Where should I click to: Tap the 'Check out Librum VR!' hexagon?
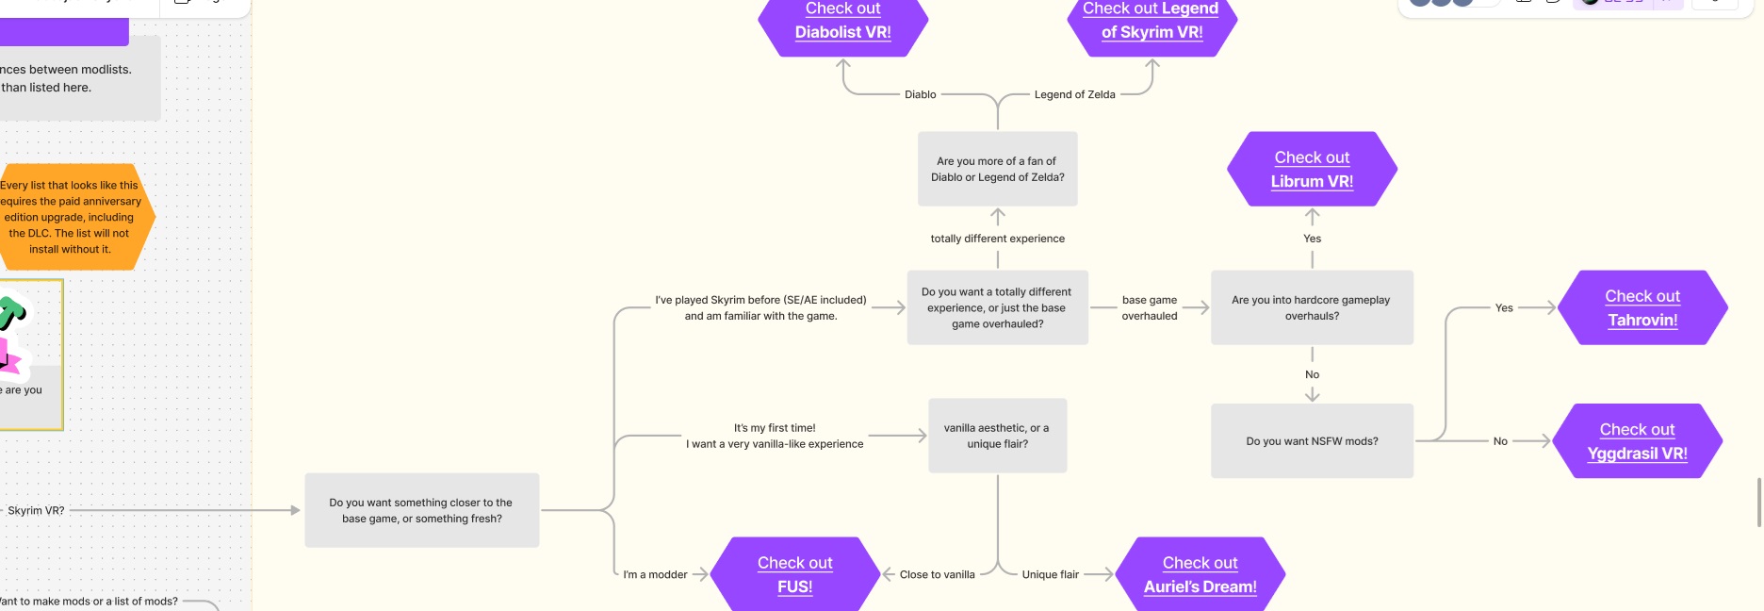(x=1312, y=170)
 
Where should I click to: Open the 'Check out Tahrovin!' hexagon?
(x=1642, y=307)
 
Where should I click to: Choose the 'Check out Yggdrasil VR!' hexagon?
(x=1637, y=441)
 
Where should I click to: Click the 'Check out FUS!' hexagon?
(x=794, y=574)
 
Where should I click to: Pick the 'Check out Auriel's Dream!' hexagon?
(x=1200, y=574)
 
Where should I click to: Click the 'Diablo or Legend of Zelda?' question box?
(x=997, y=169)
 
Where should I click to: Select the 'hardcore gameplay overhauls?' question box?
(x=1311, y=307)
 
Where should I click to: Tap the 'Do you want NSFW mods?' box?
(x=1311, y=441)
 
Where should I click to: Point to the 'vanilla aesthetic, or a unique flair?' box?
(x=997, y=436)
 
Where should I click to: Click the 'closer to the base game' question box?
(x=421, y=510)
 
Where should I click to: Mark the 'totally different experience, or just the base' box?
(x=997, y=307)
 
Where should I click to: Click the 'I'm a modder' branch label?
(x=655, y=574)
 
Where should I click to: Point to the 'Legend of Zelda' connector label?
(x=1074, y=94)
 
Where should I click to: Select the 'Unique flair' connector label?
(x=1050, y=574)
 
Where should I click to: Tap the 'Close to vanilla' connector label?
(x=937, y=574)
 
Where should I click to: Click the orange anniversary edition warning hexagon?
(x=72, y=217)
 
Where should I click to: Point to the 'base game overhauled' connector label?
(x=1149, y=307)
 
